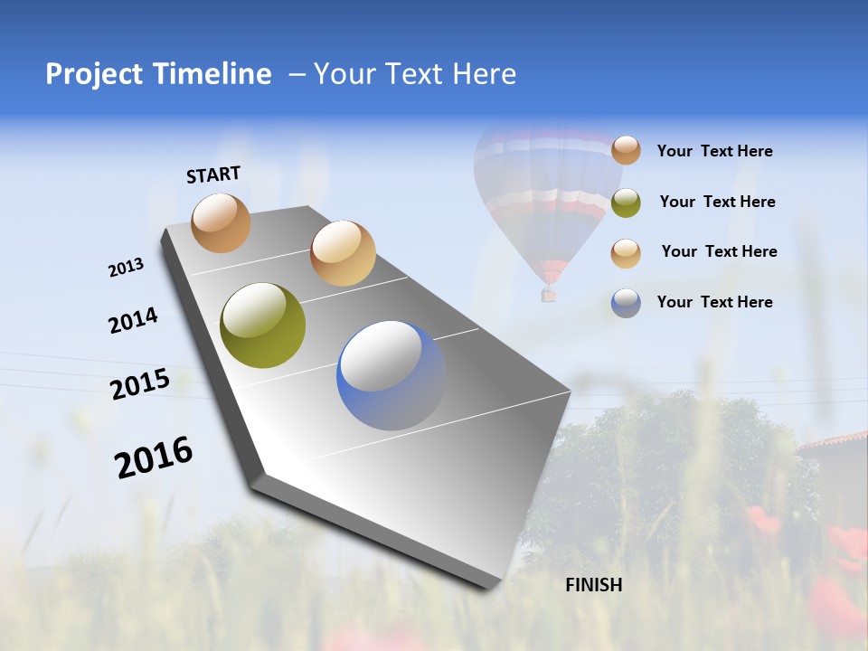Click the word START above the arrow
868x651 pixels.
click(x=213, y=175)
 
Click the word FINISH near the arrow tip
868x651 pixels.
click(x=593, y=585)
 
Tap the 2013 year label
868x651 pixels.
click(x=126, y=268)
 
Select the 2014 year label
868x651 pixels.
click(x=133, y=320)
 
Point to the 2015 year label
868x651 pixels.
click(x=139, y=384)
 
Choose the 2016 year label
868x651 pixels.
click(x=154, y=458)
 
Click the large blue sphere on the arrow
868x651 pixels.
click(x=391, y=375)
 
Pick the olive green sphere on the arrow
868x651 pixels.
click(x=262, y=325)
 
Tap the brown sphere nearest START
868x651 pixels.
click(x=221, y=222)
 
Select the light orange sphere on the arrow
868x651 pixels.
click(x=343, y=253)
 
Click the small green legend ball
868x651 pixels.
click(x=626, y=203)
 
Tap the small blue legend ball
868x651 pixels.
click(x=626, y=303)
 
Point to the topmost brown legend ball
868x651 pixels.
click(x=626, y=150)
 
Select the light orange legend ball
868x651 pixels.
click(x=626, y=253)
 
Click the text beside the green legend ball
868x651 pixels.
click(x=717, y=202)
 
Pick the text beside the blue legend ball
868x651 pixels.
click(x=714, y=302)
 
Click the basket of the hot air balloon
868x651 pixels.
click(x=548, y=295)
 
